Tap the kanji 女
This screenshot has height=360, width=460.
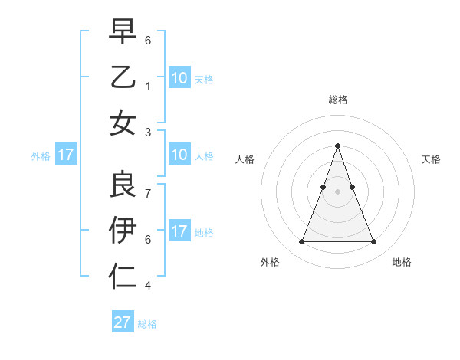[123, 123]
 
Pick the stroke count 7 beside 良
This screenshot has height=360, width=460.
[148, 186]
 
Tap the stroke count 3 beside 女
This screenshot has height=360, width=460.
[148, 133]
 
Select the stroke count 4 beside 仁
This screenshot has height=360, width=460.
[148, 286]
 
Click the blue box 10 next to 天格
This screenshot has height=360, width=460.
[179, 77]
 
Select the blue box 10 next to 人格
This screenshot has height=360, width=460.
[179, 155]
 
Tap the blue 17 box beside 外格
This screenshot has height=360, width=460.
[65, 155]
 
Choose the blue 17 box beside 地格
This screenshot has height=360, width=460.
[179, 231]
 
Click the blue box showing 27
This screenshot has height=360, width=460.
[123, 322]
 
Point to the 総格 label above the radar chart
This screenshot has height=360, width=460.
[337, 100]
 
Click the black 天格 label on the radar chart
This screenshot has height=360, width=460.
[431, 159]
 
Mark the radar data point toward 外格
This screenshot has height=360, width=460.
[301, 242]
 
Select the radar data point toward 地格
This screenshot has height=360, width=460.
[373, 242]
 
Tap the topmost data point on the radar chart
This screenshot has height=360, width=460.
[337, 146]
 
